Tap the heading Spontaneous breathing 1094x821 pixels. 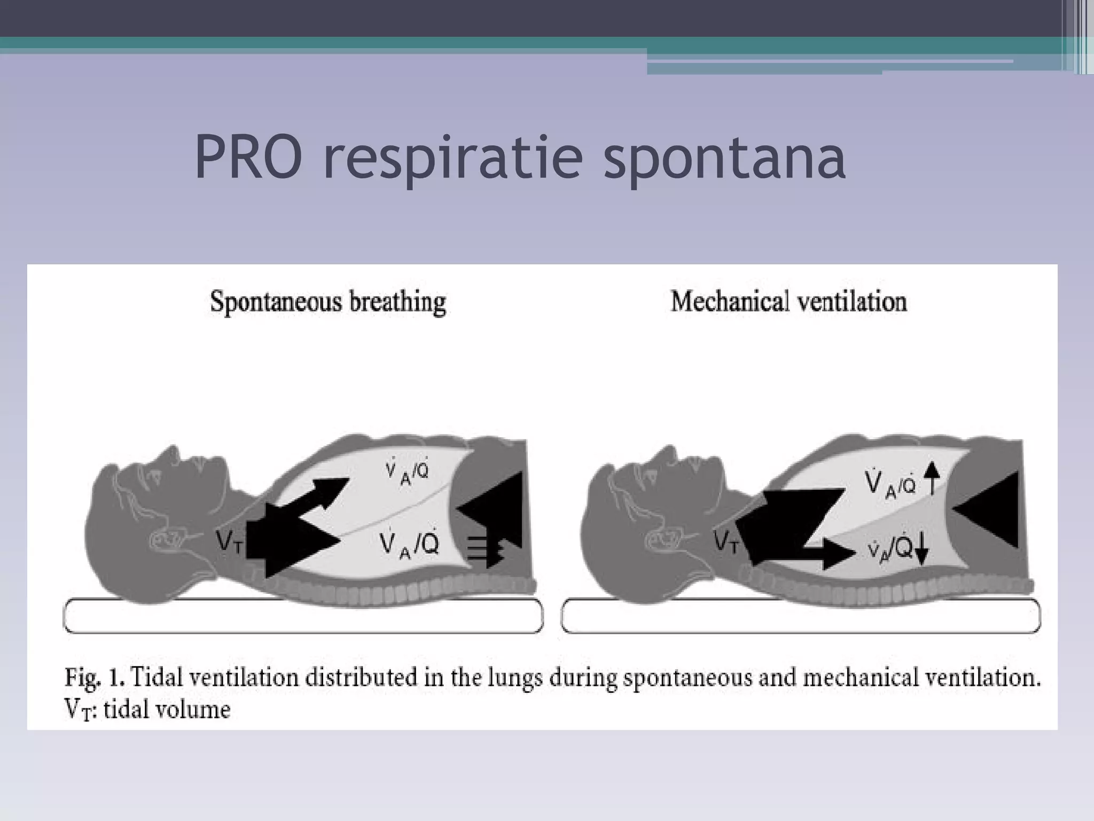click(328, 303)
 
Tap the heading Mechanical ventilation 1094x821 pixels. click(788, 301)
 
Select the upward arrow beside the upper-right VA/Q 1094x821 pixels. click(932, 477)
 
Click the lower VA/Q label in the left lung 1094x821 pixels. click(409, 544)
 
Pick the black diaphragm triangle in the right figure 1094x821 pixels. click(988, 508)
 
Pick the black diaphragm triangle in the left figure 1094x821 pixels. click(494, 508)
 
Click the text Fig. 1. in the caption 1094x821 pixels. click(95, 678)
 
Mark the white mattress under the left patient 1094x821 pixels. click(303, 616)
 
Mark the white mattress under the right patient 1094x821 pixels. click(800, 616)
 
